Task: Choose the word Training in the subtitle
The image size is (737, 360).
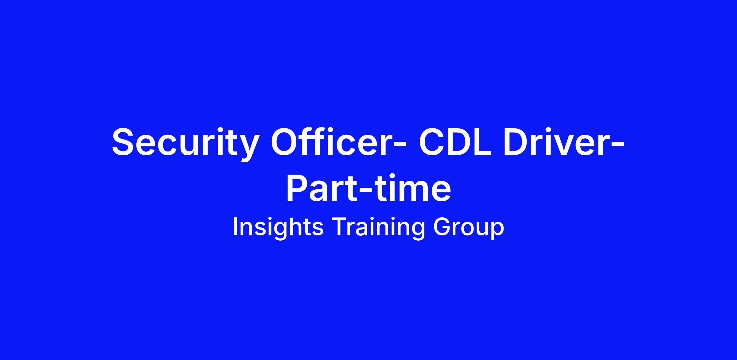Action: tap(379, 227)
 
